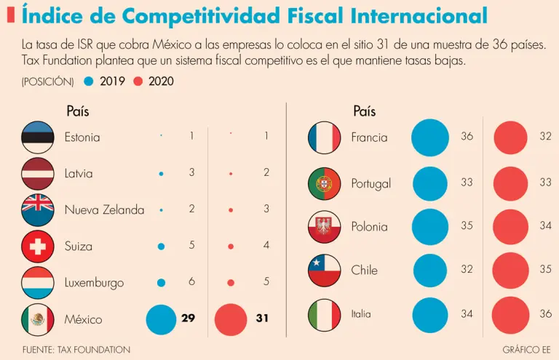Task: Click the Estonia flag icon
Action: pyautogui.click(x=38, y=137)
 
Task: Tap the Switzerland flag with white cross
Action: pyautogui.click(x=38, y=247)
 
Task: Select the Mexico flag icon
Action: pyautogui.click(x=38, y=319)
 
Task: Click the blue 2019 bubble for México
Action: pyautogui.click(x=161, y=319)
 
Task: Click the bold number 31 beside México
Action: pyautogui.click(x=262, y=319)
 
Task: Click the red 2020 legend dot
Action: pyautogui.click(x=138, y=81)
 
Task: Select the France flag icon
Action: pyautogui.click(x=324, y=137)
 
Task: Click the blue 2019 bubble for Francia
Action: pyautogui.click(x=430, y=137)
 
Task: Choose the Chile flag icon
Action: pyautogui.click(x=324, y=270)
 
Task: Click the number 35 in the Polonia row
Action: pyautogui.click(x=467, y=225)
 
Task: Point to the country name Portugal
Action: pyautogui.click(x=370, y=183)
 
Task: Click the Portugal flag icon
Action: pyautogui.click(x=324, y=183)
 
